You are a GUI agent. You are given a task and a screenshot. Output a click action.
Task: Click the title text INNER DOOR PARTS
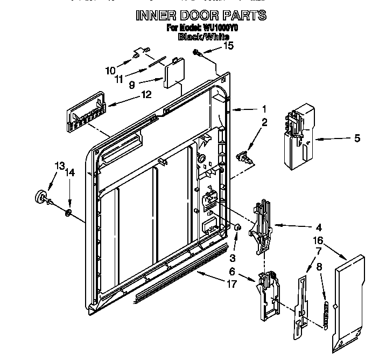(x=201, y=15)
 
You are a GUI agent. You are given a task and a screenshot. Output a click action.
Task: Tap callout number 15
(x=229, y=46)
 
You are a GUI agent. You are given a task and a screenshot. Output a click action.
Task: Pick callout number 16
(x=319, y=240)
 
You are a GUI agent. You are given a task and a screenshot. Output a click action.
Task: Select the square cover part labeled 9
(x=172, y=72)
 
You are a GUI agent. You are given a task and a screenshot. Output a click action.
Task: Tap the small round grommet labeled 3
(x=237, y=229)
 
